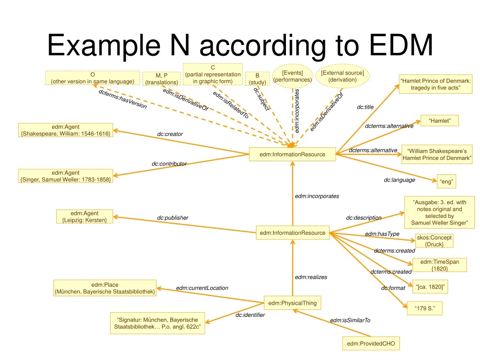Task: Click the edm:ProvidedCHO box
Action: pyautogui.click(x=371, y=344)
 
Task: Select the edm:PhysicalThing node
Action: pyautogui.click(x=292, y=303)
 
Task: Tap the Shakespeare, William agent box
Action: pyautogui.click(x=65, y=130)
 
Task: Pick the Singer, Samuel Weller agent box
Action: pyautogui.click(x=66, y=176)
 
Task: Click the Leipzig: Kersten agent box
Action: pyautogui.click(x=84, y=217)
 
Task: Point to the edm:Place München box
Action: pyautogui.click(x=105, y=288)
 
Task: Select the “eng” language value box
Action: pyautogui.click(x=447, y=181)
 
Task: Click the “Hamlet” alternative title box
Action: pyautogui.click(x=439, y=121)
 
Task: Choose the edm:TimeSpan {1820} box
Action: pyautogui.click(x=439, y=265)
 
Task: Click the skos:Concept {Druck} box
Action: pyautogui.click(x=434, y=241)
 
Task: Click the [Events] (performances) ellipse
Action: pyautogui.click(x=292, y=76)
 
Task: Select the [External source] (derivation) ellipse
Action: pyautogui.click(x=342, y=76)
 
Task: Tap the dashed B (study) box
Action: pyautogui.click(x=257, y=78)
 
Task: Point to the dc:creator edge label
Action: pyautogui.click(x=170, y=135)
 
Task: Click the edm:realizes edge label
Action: pyautogui.click(x=311, y=277)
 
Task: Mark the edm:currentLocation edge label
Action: pyautogui.click(x=202, y=288)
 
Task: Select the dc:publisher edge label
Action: pyautogui.click(x=172, y=218)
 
